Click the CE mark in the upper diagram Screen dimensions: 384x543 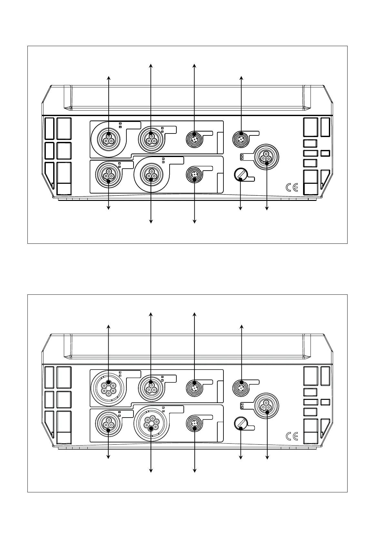[x=292, y=188]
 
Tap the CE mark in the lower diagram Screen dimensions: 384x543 [x=292, y=436]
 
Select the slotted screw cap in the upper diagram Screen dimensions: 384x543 [x=240, y=174]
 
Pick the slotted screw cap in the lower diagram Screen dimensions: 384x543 [x=240, y=423]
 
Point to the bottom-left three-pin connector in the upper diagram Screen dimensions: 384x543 [x=108, y=174]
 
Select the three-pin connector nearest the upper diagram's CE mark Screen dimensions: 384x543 [x=266, y=157]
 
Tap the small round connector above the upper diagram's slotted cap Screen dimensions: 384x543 [x=241, y=138]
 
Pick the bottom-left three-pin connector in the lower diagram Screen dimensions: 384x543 [x=108, y=423]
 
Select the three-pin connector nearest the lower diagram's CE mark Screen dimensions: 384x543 [x=266, y=406]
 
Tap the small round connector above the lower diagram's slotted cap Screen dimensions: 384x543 [x=241, y=387]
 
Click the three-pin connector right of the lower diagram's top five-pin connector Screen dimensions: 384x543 [x=151, y=387]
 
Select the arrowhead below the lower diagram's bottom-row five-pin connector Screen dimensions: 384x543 [x=151, y=471]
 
